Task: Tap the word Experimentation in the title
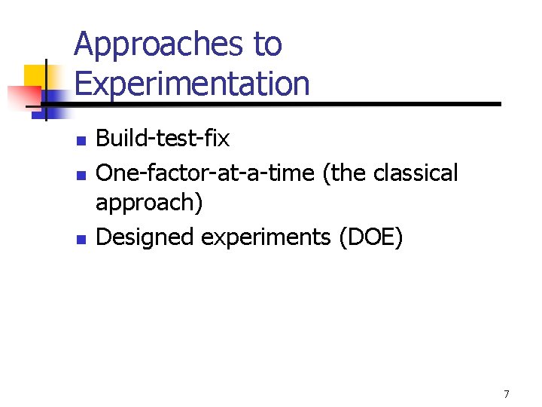click(192, 83)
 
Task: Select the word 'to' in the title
click(268, 45)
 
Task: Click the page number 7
click(507, 394)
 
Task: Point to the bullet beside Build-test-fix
click(82, 140)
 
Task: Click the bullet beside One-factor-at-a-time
click(82, 174)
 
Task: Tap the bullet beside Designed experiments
click(82, 239)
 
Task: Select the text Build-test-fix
click(163, 139)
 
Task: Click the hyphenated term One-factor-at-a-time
click(206, 173)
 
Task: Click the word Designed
click(145, 237)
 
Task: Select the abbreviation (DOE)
click(371, 237)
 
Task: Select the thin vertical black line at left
click(46, 90)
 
